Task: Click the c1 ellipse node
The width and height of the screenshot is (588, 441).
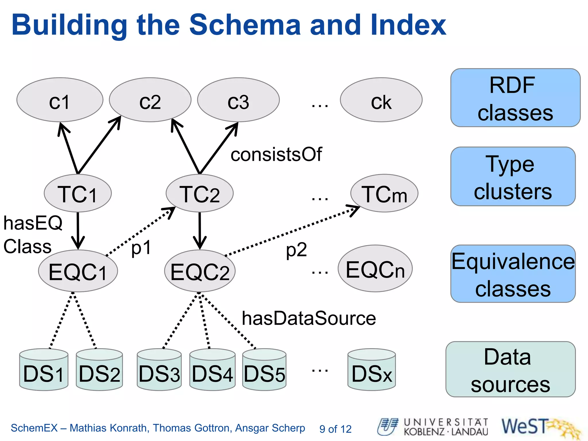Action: click(60, 100)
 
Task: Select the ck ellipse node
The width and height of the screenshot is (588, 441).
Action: click(381, 100)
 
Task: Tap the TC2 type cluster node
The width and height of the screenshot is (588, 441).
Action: click(200, 193)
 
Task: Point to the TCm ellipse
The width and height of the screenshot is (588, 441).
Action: click(384, 193)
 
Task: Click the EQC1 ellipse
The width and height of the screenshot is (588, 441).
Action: click(78, 271)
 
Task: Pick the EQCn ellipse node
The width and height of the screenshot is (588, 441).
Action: click(375, 269)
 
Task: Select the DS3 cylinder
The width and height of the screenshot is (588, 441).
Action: click(159, 370)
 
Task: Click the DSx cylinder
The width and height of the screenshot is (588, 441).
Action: click(372, 370)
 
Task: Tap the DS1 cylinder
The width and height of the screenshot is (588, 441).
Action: click(44, 370)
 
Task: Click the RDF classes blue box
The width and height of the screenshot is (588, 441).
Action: click(515, 98)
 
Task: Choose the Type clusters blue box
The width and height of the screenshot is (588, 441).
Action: click(513, 177)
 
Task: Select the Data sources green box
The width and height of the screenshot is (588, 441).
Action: click(510, 369)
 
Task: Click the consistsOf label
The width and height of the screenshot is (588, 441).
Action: click(276, 154)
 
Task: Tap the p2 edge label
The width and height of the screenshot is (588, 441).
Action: click(296, 250)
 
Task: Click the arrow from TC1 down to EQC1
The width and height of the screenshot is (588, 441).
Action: click(78, 230)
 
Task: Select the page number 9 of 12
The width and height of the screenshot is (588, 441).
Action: click(335, 429)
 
